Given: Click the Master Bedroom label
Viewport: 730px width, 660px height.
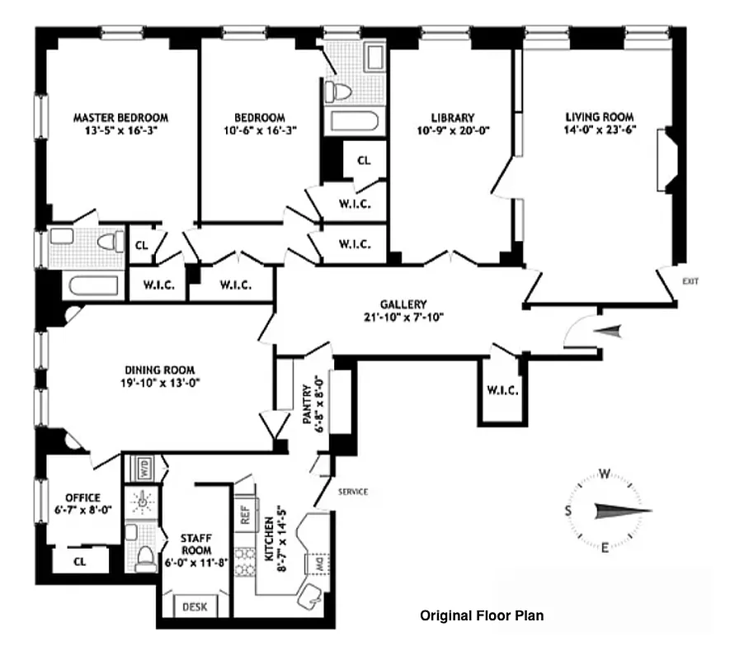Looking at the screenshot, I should (120, 117).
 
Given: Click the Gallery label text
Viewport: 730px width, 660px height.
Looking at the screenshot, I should (403, 303).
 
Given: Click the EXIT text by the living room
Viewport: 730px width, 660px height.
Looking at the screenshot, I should (690, 281).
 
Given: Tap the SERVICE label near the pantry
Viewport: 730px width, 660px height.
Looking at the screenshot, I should (352, 492).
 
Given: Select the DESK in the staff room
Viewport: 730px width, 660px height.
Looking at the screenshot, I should (194, 606).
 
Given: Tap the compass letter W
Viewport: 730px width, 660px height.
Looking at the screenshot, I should (604, 474).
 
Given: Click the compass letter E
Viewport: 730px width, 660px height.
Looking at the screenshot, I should (604, 549).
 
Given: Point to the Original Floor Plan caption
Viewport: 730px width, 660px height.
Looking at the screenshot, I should (482, 615).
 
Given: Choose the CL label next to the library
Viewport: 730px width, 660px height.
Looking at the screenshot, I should (364, 160).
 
